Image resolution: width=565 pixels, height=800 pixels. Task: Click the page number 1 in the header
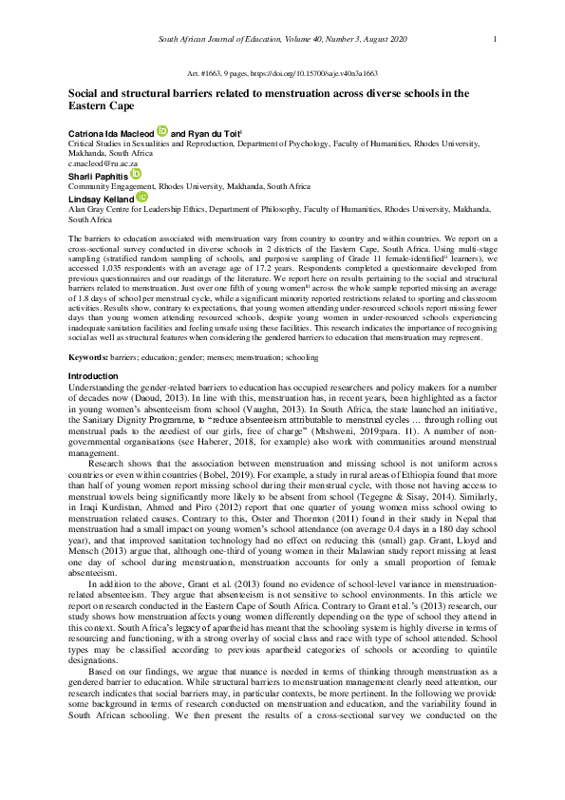496,38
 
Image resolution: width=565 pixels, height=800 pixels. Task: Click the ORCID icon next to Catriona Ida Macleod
162,133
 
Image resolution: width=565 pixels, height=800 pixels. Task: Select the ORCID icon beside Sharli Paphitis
135,175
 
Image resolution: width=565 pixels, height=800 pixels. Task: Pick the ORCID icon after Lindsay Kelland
142,197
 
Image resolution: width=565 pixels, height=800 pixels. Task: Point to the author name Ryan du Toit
214,134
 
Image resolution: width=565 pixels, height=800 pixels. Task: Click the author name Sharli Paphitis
97,176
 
